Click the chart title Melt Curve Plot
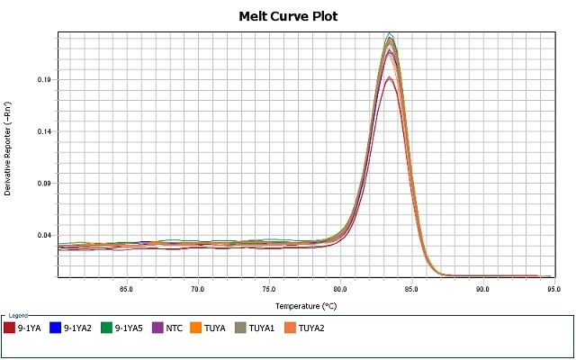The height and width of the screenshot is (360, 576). click(x=287, y=16)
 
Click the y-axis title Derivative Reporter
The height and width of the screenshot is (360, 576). click(x=8, y=149)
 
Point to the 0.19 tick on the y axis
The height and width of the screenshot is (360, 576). click(x=43, y=80)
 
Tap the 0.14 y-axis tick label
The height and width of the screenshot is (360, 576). click(x=43, y=131)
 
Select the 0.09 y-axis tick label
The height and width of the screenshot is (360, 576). click(x=43, y=184)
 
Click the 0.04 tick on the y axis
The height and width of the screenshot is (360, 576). click(x=43, y=235)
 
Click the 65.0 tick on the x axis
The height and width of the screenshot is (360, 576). click(x=126, y=289)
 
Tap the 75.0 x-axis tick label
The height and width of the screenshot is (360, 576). click(x=268, y=289)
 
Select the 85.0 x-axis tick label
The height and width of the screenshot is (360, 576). click(x=411, y=289)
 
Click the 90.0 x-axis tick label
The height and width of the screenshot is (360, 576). click(x=482, y=289)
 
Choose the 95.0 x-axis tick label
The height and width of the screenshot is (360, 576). click(x=553, y=289)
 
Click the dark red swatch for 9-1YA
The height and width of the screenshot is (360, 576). click(x=10, y=328)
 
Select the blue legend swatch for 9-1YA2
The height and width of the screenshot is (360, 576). click(x=56, y=328)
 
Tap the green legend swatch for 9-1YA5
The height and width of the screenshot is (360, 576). click(x=107, y=328)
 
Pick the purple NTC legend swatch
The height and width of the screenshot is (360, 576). click(x=158, y=328)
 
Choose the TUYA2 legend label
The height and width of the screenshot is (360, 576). click(x=311, y=328)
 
